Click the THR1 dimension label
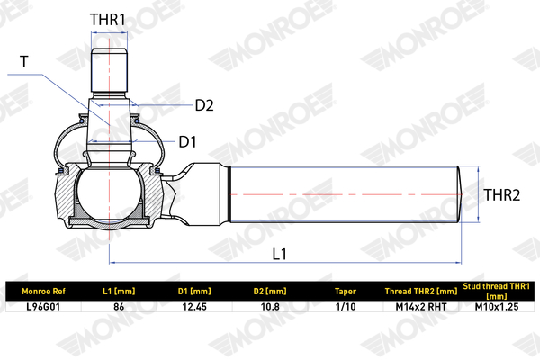point(108,20)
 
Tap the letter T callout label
point(23,62)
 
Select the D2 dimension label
point(204,105)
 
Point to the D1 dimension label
point(188,142)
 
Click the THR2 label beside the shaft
point(502,195)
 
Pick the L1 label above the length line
point(279,254)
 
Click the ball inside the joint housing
point(109,194)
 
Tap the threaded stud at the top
point(110,70)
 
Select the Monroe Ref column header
point(43,292)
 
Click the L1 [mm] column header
point(119,292)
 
